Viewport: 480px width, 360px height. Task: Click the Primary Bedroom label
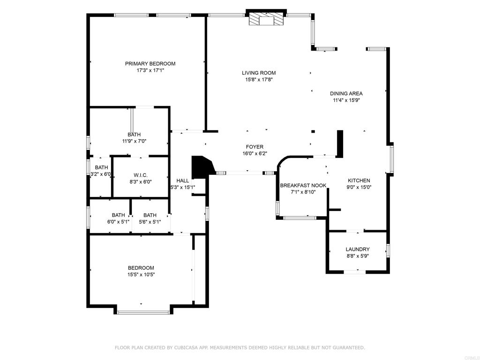coord(150,64)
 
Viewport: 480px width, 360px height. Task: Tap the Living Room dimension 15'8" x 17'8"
coord(259,80)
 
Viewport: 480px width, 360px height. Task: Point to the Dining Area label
coord(346,93)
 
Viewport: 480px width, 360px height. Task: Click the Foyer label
coord(255,147)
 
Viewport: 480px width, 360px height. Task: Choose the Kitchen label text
coord(359,180)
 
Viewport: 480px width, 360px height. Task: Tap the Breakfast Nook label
coord(303,185)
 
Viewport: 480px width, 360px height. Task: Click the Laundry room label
coord(358,249)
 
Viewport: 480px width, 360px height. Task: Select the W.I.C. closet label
coord(141,175)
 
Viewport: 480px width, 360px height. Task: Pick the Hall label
coord(182,180)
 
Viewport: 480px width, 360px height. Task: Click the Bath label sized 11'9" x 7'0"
coord(134,135)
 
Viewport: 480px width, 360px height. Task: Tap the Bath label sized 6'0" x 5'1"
coord(118,215)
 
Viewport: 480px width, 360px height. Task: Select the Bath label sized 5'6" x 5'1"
coord(150,215)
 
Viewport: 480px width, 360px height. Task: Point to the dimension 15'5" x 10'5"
coord(141,275)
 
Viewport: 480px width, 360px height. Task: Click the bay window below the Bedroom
coord(143,312)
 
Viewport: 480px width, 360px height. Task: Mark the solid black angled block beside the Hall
coord(202,166)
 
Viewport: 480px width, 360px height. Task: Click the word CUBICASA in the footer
coord(187,347)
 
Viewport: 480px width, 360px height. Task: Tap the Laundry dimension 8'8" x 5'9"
coord(358,256)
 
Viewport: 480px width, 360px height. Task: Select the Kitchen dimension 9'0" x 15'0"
coord(359,187)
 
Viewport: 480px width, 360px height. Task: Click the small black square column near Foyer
coord(313,132)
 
